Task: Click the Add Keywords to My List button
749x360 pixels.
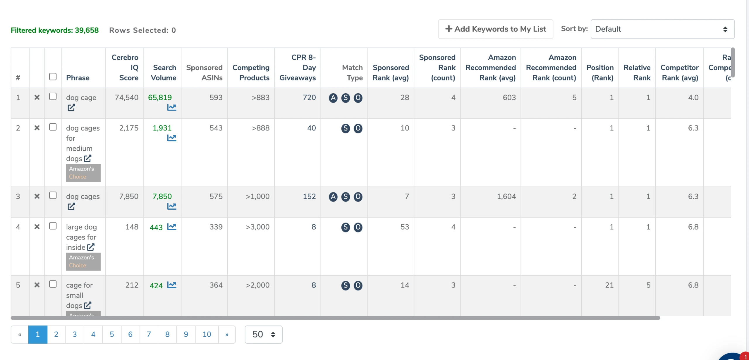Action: tap(495, 29)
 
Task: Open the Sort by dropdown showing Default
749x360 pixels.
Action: tap(662, 29)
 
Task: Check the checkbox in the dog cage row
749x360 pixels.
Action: tap(53, 97)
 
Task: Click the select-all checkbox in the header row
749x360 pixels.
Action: tap(53, 77)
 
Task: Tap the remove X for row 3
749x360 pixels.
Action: tap(37, 196)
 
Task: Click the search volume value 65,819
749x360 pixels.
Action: tap(160, 97)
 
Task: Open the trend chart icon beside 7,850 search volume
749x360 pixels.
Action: tap(172, 206)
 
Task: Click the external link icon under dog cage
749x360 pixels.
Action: tap(71, 108)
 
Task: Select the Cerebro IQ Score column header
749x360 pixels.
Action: tap(125, 68)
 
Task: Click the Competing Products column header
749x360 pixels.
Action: tap(251, 73)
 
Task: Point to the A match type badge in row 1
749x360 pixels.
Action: tap(333, 98)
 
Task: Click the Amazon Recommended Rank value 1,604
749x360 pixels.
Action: tap(506, 196)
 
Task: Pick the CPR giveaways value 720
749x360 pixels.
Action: tap(309, 97)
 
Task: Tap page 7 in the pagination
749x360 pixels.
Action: tap(149, 334)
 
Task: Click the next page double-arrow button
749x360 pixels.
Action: tap(227, 334)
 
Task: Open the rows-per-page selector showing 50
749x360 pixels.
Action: tap(263, 334)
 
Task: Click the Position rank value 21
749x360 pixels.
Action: tap(609, 285)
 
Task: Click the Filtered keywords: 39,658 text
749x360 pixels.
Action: tap(55, 30)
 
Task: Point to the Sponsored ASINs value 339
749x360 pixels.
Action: tap(216, 227)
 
